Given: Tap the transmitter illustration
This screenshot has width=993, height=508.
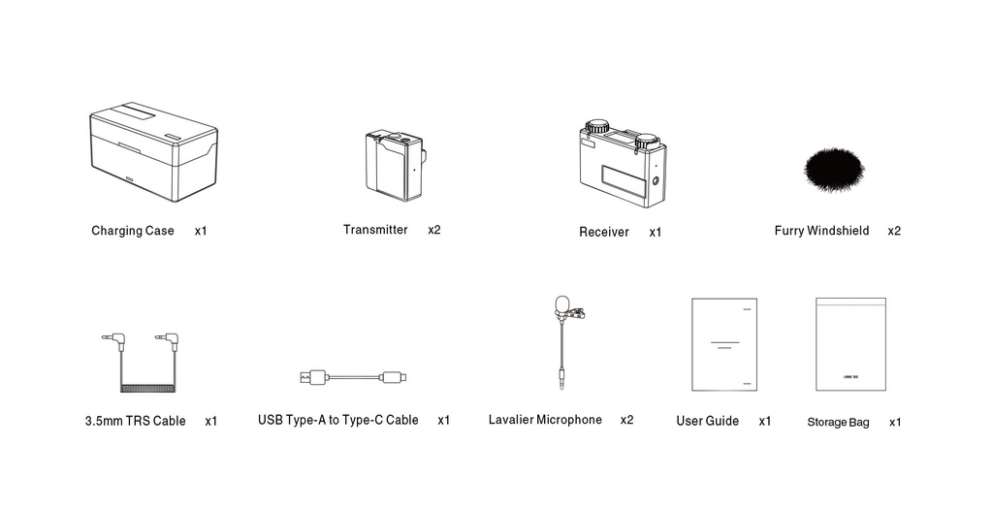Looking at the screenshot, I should pos(395,165).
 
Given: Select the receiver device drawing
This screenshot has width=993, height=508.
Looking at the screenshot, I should pos(623,165).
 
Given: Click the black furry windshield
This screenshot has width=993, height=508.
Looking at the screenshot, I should pos(833,171).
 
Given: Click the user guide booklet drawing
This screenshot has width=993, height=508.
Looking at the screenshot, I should pos(723,344).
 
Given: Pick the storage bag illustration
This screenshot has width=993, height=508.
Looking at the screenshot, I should pos(850,344).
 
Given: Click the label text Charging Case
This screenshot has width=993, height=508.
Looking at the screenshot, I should pos(133,231).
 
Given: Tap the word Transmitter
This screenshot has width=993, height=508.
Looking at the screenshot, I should pos(375,230).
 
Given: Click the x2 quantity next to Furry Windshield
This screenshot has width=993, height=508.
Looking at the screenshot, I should pos(894,231).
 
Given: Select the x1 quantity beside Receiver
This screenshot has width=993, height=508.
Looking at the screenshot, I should pos(656,233).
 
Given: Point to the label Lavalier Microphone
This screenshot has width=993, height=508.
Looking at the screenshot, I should pos(545,420).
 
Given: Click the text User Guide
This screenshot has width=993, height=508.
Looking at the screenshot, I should pos(707,421).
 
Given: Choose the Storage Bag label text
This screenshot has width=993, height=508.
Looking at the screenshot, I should pos(838,423).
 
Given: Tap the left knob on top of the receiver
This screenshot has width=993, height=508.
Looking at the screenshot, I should pos(596,127).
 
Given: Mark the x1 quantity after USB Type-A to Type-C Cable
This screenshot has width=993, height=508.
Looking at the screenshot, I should pos(444,420).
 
